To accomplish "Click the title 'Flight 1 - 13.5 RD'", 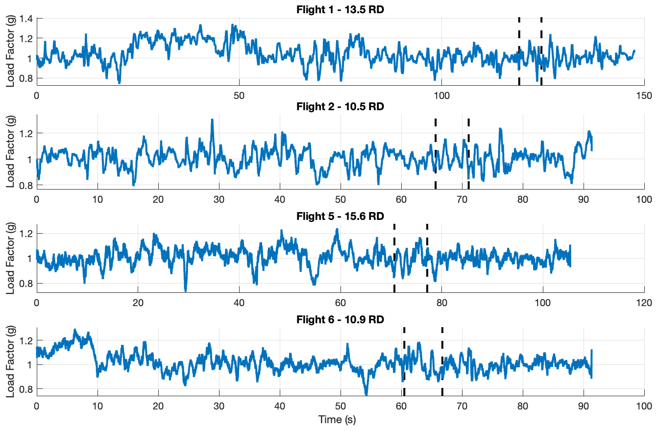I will (340, 9).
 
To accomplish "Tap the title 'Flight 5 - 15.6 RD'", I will (340, 216).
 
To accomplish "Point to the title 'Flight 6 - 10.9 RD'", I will (340, 320).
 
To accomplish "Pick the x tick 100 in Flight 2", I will (644, 200).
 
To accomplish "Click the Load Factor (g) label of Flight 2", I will (10, 152).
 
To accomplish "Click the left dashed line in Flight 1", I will (519, 49).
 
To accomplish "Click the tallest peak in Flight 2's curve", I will (212, 120).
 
